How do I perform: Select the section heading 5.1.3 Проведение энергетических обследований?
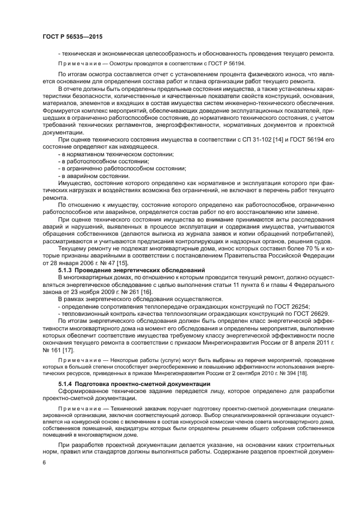[131, 271]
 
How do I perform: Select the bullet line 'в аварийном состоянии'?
[94, 175]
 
